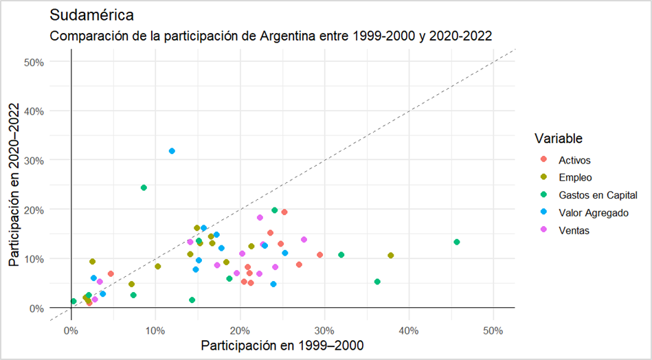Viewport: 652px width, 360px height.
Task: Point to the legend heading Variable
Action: click(559, 139)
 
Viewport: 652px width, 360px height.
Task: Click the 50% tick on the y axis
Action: click(34, 62)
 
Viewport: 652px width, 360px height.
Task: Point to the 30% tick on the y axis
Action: click(34, 160)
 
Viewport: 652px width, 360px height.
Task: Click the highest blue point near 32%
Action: click(172, 151)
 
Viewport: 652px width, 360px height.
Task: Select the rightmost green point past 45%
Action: click(457, 242)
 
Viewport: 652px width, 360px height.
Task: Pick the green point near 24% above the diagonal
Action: click(144, 188)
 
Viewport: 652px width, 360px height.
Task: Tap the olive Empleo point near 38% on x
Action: click(391, 256)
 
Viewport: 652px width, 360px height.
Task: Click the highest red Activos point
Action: click(284, 212)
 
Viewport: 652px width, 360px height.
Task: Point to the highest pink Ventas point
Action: click(260, 218)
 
